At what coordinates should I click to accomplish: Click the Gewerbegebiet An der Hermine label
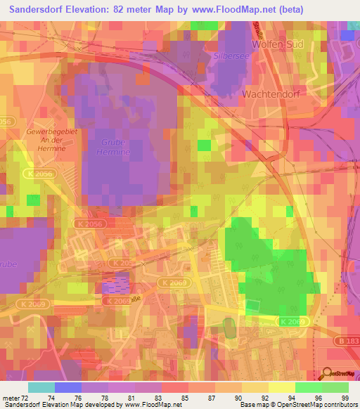tap(45, 139)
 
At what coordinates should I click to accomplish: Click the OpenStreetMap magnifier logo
tap(329, 375)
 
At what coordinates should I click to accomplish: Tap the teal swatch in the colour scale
tap(41, 387)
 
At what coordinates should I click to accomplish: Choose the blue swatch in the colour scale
tap(68, 387)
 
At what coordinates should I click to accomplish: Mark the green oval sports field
tap(229, 326)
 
